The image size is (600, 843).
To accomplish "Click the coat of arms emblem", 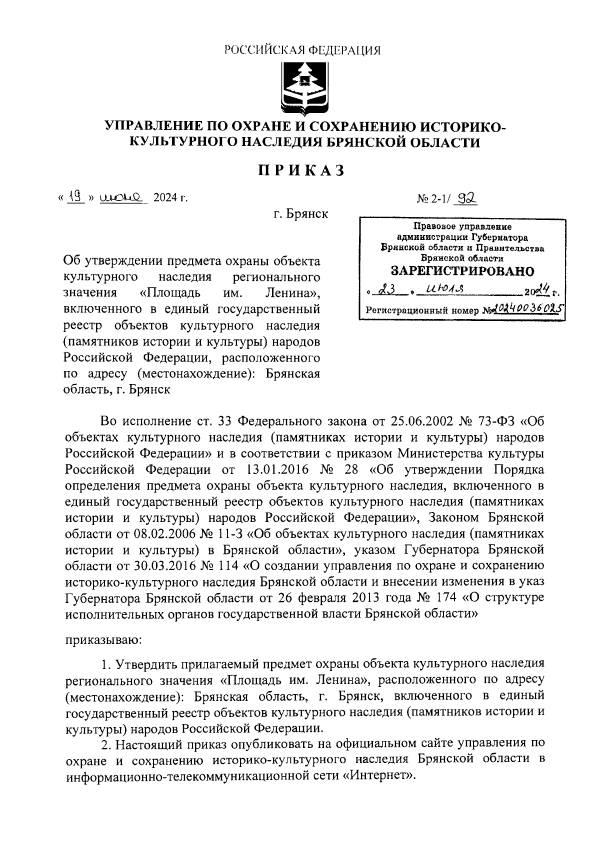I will click(301, 85).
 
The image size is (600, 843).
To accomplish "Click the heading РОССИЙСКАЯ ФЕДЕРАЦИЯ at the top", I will click(301, 50).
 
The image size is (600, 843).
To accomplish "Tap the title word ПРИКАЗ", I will click(301, 171).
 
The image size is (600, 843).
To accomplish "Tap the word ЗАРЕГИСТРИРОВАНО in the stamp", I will click(462, 271).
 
